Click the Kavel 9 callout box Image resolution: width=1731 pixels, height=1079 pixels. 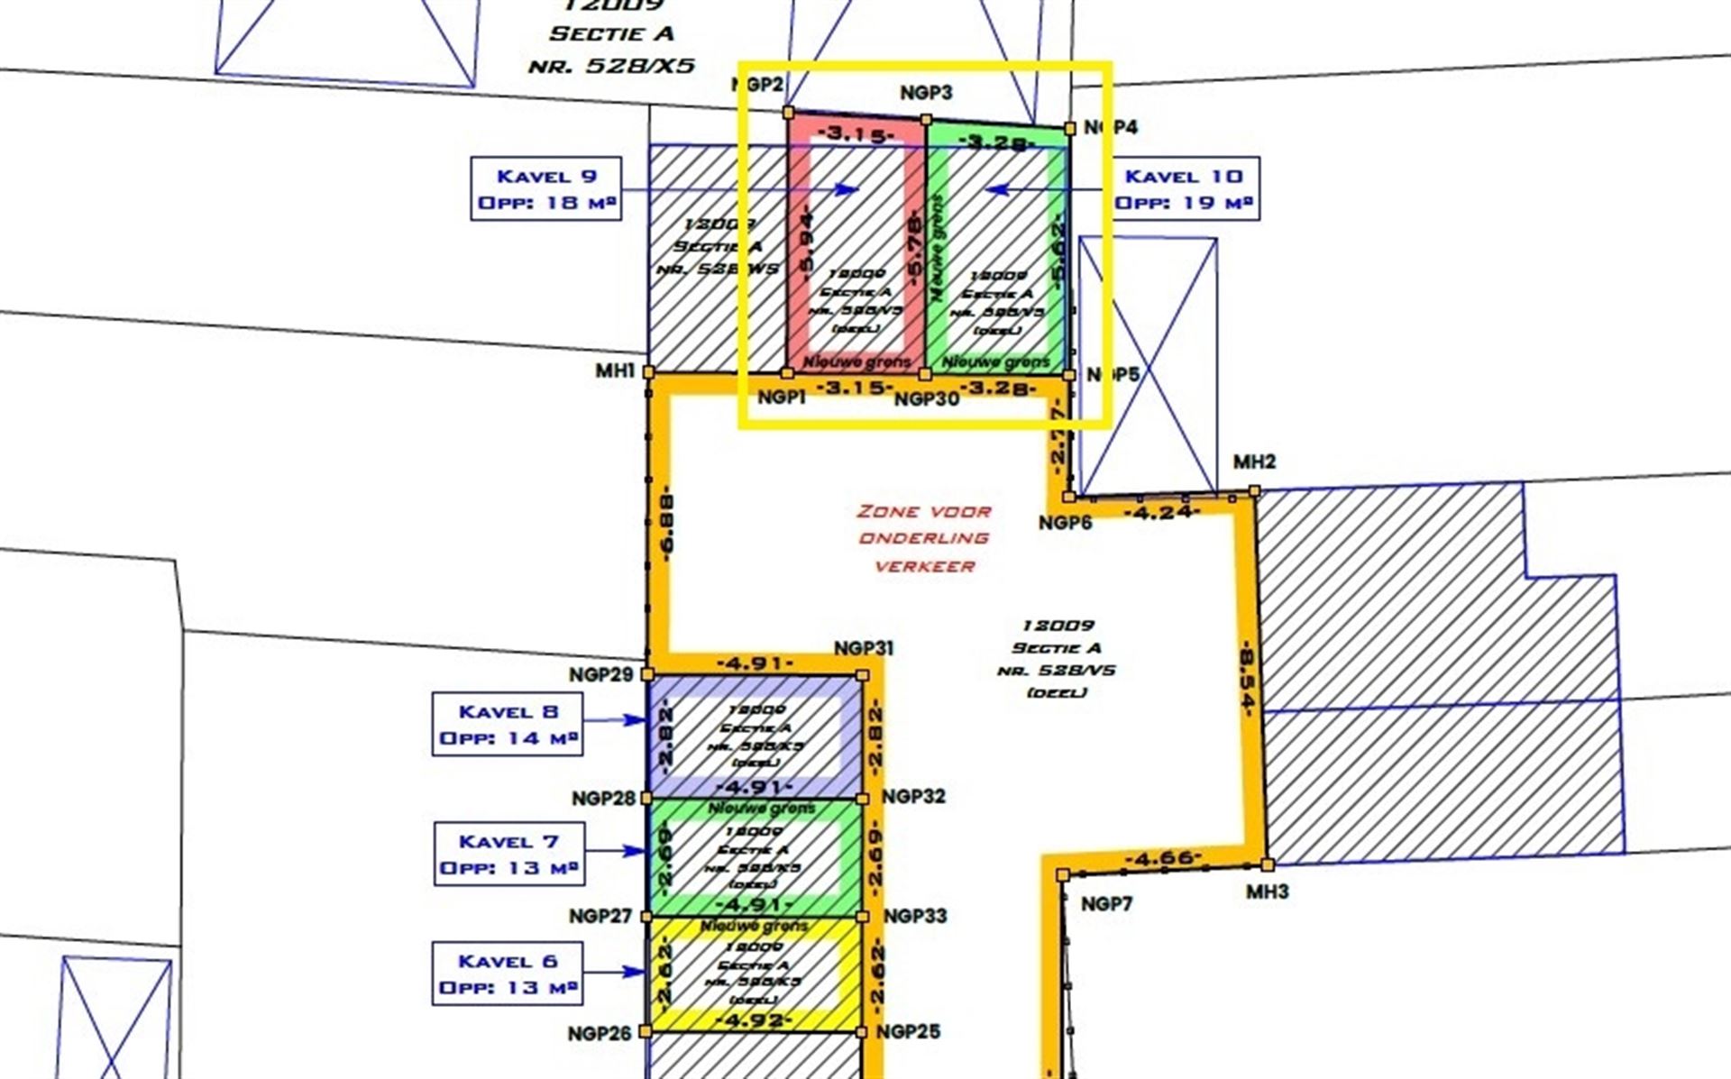click(546, 188)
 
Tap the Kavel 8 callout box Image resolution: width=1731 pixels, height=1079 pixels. click(508, 724)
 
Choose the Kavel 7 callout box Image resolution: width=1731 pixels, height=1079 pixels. click(509, 854)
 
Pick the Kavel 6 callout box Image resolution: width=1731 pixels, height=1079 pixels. click(508, 974)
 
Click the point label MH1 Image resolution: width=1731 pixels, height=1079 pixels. click(615, 370)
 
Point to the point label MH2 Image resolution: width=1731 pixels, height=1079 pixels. click(1254, 462)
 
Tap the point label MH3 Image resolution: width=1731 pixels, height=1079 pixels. click(1267, 892)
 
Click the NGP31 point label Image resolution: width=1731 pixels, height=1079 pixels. click(863, 649)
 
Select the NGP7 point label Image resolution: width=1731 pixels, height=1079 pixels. click(1105, 904)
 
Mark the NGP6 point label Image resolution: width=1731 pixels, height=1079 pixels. click(1065, 523)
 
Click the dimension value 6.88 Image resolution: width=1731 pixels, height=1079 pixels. click(668, 527)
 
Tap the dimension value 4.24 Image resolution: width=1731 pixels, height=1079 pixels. click(1163, 513)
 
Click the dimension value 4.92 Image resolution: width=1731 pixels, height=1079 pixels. click(754, 1020)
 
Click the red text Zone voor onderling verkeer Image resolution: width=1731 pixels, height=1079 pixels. click(923, 538)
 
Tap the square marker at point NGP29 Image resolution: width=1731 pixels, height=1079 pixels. click(646, 674)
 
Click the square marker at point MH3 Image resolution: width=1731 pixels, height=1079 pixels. click(1268, 865)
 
